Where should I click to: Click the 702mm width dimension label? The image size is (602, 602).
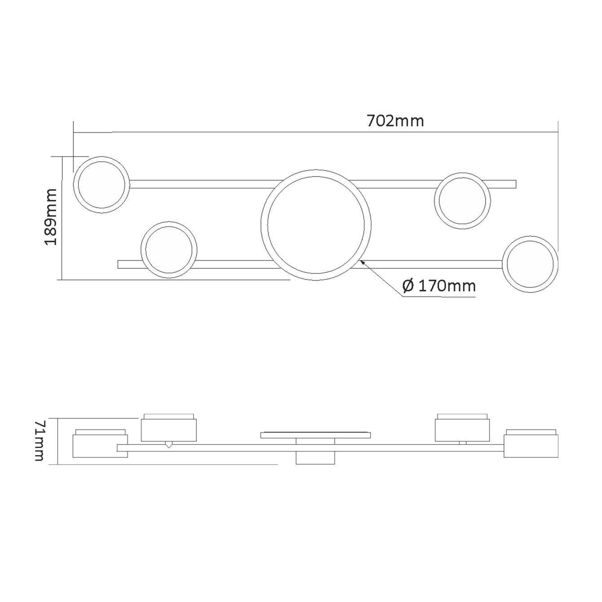(x=395, y=121)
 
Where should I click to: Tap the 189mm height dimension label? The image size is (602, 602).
(x=51, y=217)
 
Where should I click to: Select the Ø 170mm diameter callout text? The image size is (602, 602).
(x=439, y=286)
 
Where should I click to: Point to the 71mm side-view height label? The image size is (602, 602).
(x=40, y=441)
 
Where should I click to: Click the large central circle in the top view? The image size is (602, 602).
(x=261, y=225)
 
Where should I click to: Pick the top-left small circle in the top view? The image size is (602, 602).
(x=74, y=185)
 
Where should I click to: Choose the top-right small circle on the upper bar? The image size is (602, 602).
(x=435, y=200)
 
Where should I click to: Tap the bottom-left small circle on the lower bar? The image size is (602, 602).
(x=141, y=250)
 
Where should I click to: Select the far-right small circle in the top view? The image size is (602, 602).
(x=503, y=264)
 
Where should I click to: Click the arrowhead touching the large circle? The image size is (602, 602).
(x=363, y=262)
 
